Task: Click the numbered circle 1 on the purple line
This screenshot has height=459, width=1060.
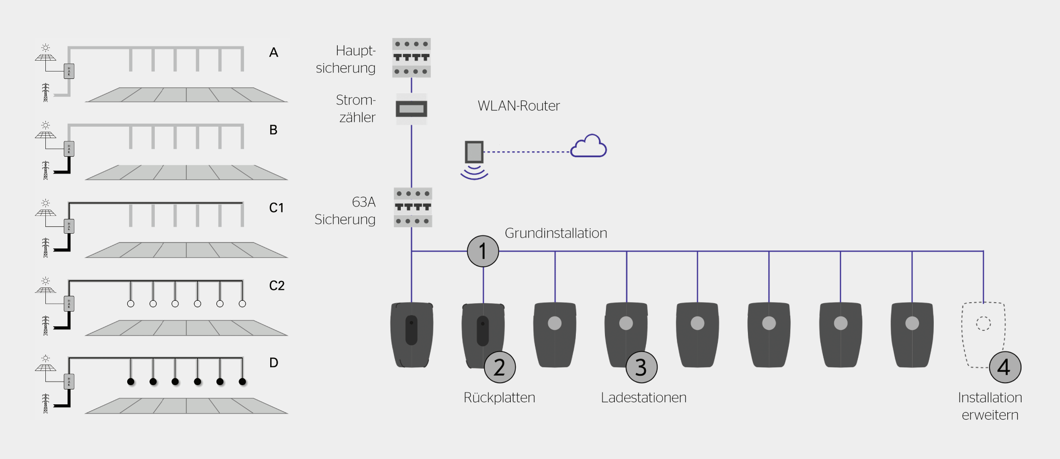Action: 483,251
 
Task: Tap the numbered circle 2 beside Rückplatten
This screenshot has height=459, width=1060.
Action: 499,367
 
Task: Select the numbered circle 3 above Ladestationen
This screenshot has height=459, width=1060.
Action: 641,367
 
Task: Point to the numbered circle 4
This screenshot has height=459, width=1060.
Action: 1005,367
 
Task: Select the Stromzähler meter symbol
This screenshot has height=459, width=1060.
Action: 412,109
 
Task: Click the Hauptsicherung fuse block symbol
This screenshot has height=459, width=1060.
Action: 412,58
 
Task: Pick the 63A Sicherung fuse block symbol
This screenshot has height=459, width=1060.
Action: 413,207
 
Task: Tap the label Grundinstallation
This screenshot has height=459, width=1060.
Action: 556,233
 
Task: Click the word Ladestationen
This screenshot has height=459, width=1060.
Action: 643,397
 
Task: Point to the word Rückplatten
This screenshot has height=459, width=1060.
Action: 499,397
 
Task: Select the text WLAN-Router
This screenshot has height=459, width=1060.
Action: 519,106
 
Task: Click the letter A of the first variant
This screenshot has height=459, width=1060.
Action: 274,52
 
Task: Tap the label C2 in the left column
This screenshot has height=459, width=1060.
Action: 277,285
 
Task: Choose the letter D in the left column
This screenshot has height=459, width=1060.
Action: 274,363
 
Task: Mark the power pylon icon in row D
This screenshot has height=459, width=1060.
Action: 45,403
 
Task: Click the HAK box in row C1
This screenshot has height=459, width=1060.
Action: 69,226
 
